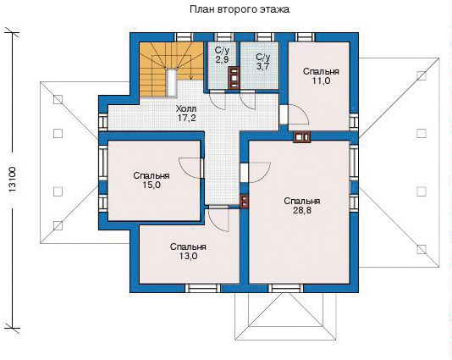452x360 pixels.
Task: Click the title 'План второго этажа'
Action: pos(240,9)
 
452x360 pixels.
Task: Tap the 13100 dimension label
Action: pos(14,180)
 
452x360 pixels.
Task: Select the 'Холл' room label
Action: pos(186,109)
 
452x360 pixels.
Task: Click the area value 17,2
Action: pos(186,118)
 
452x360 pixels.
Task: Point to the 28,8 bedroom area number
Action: pos(302,210)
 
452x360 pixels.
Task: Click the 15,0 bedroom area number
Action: pos(152,185)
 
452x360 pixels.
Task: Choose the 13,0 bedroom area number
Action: pos(188,256)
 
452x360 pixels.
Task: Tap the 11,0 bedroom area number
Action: pos(321,80)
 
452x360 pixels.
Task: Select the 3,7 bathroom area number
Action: pos(262,66)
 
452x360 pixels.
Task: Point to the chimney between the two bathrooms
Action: pos(234,77)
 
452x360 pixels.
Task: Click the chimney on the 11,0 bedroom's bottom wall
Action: pos(302,137)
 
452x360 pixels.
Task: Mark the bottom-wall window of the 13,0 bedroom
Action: pos(202,288)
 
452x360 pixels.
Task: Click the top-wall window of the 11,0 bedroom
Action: pos(305,37)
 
